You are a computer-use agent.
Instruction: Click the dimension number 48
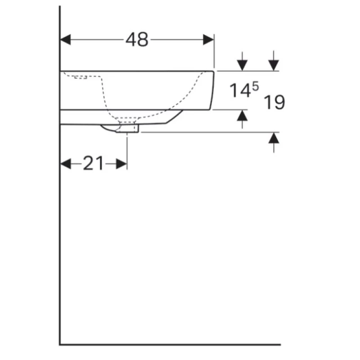pos(137,40)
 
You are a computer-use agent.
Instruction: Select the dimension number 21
pos(93,163)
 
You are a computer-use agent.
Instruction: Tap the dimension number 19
pos(274,102)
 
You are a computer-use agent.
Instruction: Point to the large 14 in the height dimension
pos(240,90)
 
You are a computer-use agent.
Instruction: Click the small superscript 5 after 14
pos(255,86)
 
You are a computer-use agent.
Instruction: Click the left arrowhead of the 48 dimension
pos(65,40)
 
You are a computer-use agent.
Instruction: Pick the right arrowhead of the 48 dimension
pos(208,40)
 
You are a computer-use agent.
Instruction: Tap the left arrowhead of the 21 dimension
pos(65,164)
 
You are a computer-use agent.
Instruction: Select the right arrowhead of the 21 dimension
pos(121,164)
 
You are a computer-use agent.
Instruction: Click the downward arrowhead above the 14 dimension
pos(242,65)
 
